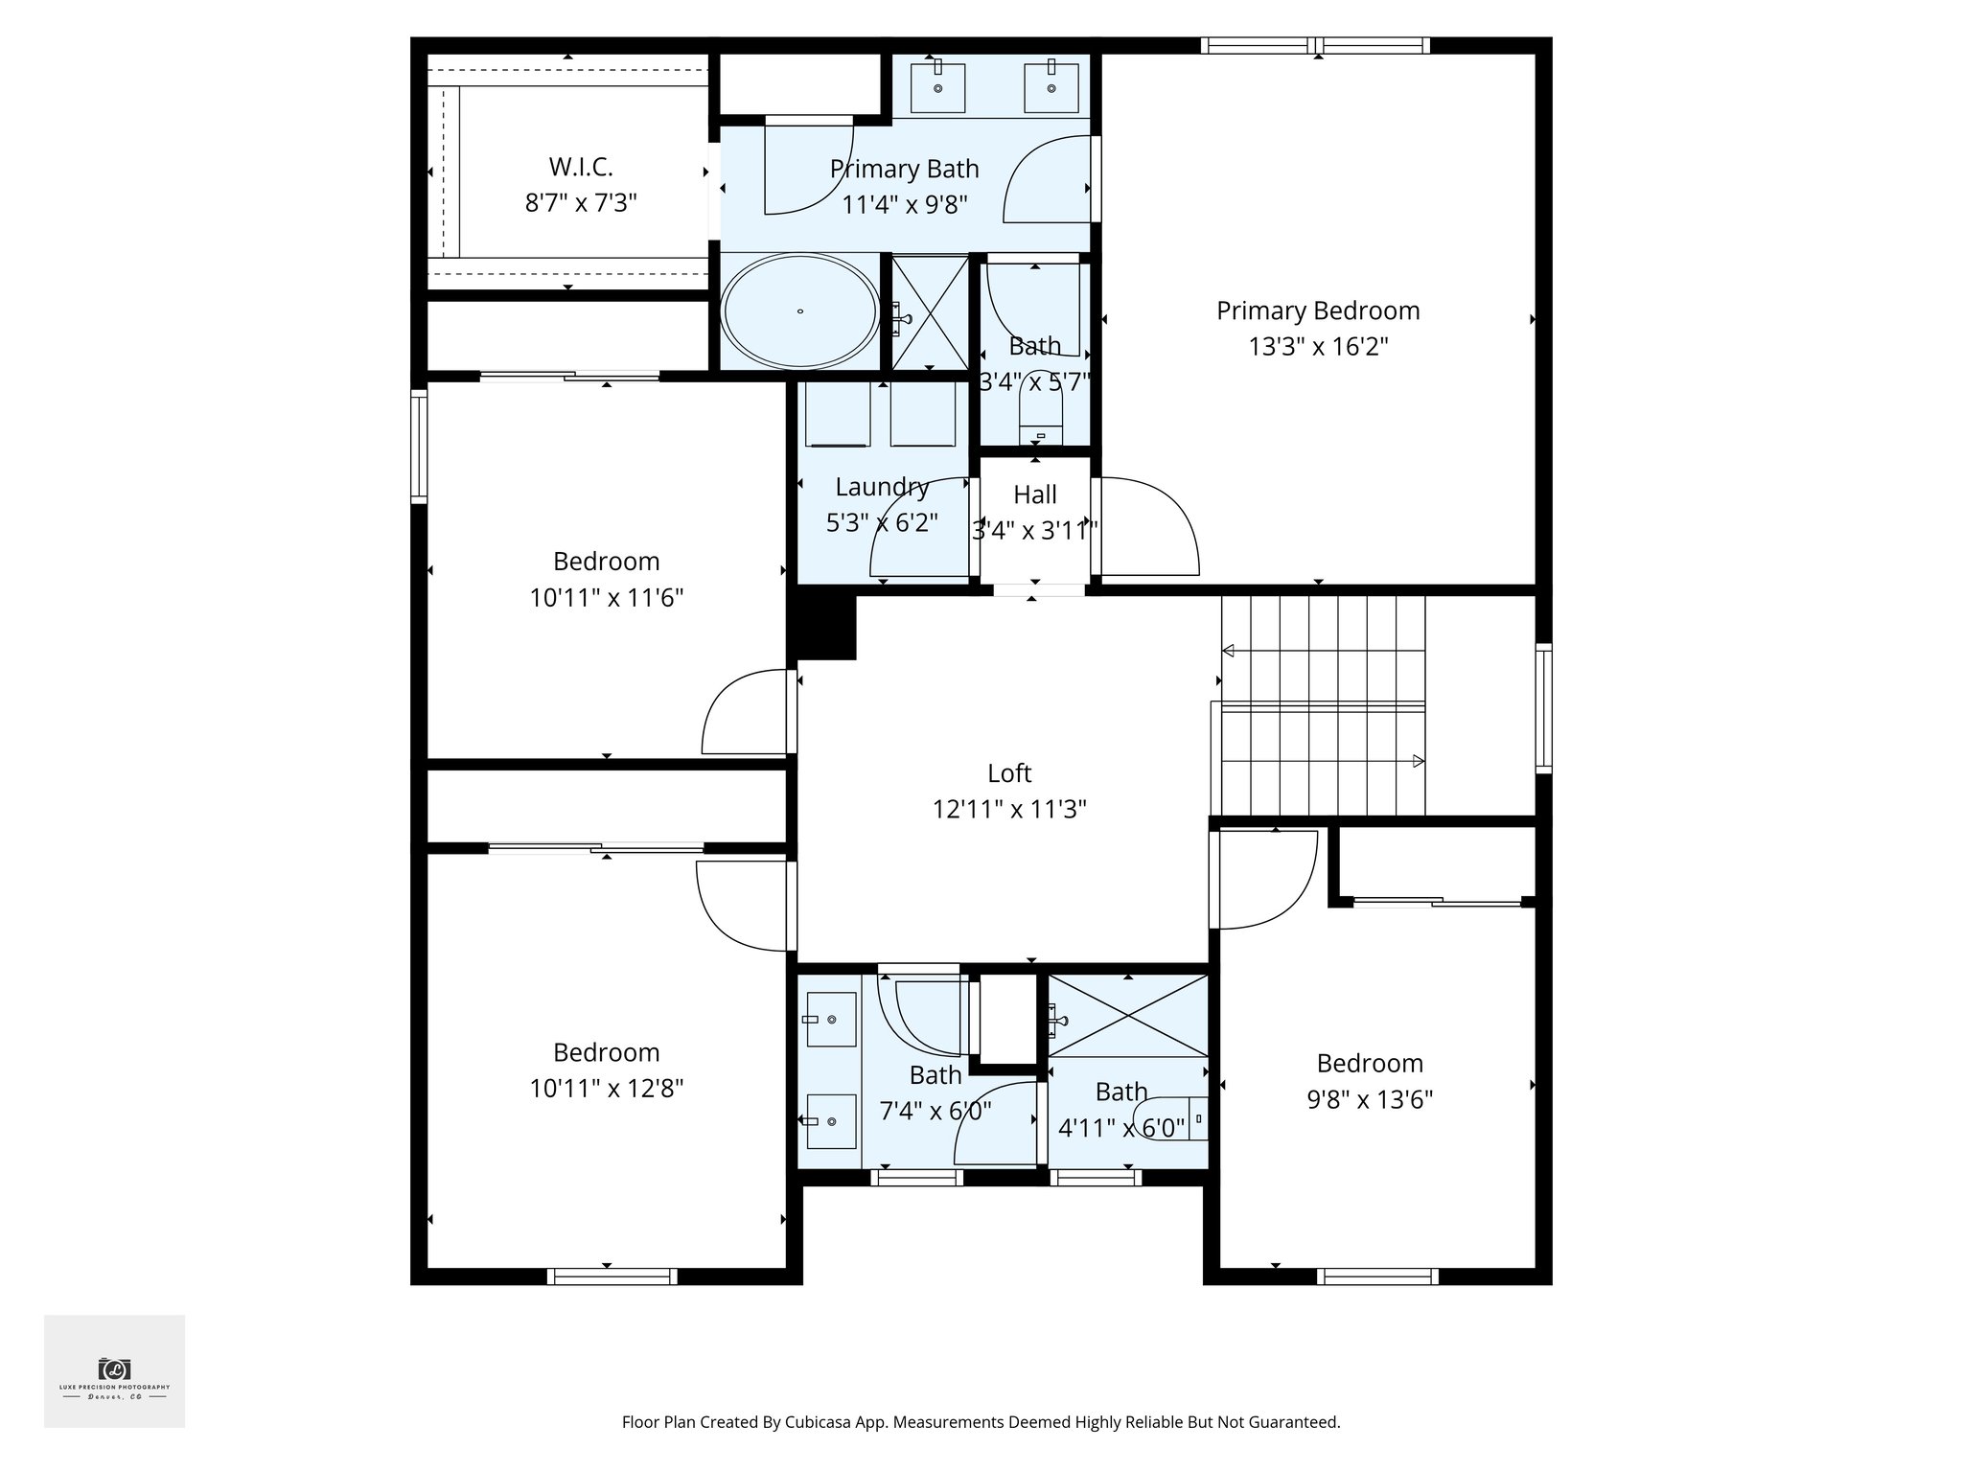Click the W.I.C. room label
(581, 167)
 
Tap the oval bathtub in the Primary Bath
(799, 311)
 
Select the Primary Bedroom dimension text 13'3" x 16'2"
(1318, 347)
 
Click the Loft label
(1009, 772)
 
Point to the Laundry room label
(882, 487)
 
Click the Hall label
(1035, 494)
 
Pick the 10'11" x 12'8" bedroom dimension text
(606, 1089)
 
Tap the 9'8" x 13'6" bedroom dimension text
(1370, 1099)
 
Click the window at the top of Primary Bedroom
(1315, 45)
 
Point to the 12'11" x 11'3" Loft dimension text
(1009, 810)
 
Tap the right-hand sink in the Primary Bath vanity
(1051, 87)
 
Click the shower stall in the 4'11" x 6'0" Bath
(1128, 1016)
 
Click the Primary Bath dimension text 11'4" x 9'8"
(904, 205)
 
